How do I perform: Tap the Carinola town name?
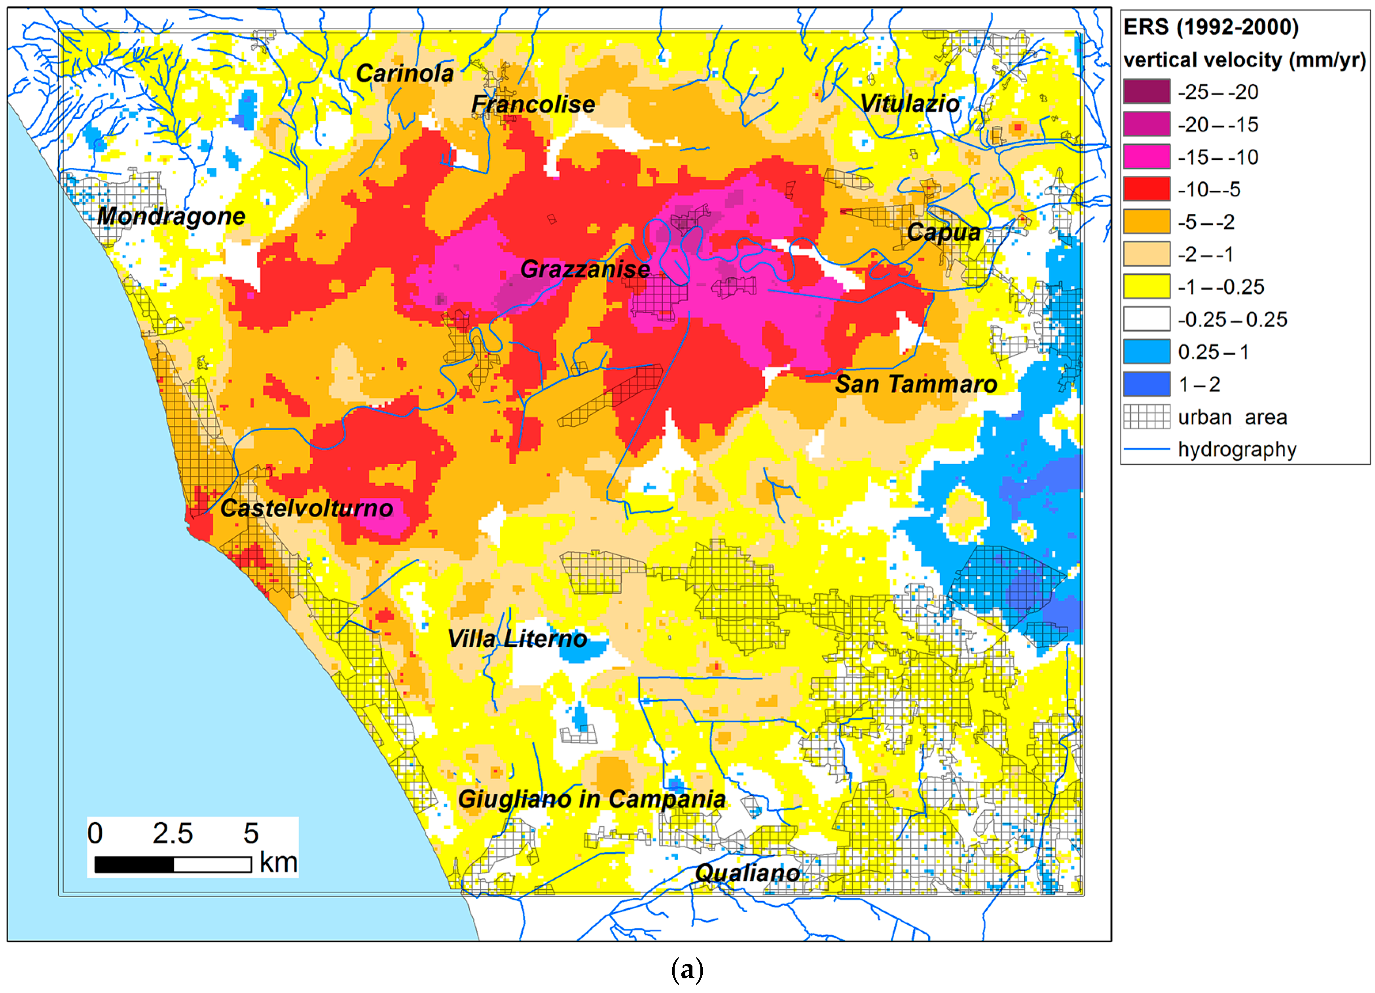[404, 74]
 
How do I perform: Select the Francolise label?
[533, 104]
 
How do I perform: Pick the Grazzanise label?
[585, 269]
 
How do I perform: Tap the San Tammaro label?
[916, 384]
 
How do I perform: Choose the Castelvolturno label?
[307, 508]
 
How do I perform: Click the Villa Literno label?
[517, 638]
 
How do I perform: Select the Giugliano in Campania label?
[591, 799]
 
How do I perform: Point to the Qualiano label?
[747, 873]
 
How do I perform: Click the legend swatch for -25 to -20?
[1146, 91]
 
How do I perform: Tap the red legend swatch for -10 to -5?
[1146, 189]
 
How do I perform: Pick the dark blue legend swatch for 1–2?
[1146, 384]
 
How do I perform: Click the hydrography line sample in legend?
[1146, 449]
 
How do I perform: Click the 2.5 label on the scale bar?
[172, 834]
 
